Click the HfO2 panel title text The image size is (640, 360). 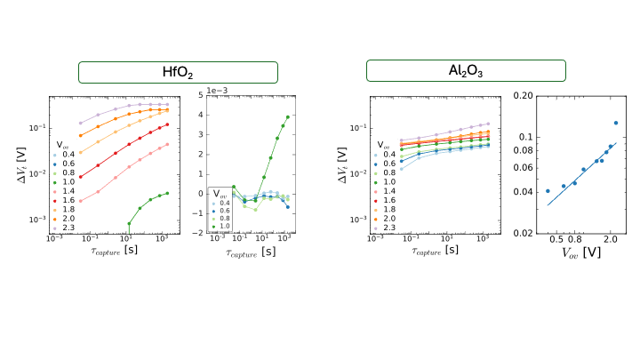click(x=179, y=73)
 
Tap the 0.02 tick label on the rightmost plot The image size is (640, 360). click(x=524, y=233)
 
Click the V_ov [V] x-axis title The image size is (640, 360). click(x=579, y=252)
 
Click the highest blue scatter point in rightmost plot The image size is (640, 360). click(x=615, y=123)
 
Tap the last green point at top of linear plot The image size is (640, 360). click(x=287, y=117)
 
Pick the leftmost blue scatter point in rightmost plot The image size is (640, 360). click(x=548, y=190)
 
